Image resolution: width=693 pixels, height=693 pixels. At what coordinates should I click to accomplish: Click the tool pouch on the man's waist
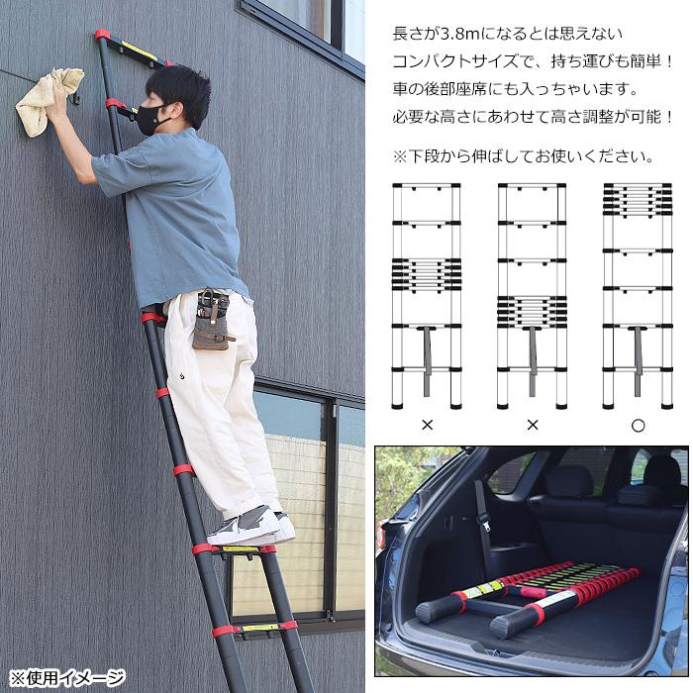click(212, 319)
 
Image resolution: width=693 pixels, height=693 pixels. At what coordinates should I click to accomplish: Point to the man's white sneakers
click(250, 527)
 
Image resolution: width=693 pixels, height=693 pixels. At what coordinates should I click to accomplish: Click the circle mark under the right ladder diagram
click(638, 426)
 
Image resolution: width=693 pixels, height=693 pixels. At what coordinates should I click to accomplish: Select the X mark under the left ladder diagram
click(428, 425)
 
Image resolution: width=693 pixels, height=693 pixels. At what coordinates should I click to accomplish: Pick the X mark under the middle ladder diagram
click(533, 425)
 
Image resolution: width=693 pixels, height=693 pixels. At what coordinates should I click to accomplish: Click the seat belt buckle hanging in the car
click(486, 526)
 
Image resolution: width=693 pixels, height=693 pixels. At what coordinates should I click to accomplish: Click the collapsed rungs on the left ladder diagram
click(427, 275)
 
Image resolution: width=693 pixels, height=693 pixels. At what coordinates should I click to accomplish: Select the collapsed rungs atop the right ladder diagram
click(638, 200)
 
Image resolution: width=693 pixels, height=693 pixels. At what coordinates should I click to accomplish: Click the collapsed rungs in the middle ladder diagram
click(533, 312)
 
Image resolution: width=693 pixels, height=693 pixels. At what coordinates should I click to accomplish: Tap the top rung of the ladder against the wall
click(132, 49)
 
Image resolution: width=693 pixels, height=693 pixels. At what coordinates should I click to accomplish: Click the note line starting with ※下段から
click(524, 156)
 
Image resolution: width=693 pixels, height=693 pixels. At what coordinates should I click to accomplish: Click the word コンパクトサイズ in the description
click(455, 61)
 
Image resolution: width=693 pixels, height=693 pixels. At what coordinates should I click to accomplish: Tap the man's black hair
click(179, 91)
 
